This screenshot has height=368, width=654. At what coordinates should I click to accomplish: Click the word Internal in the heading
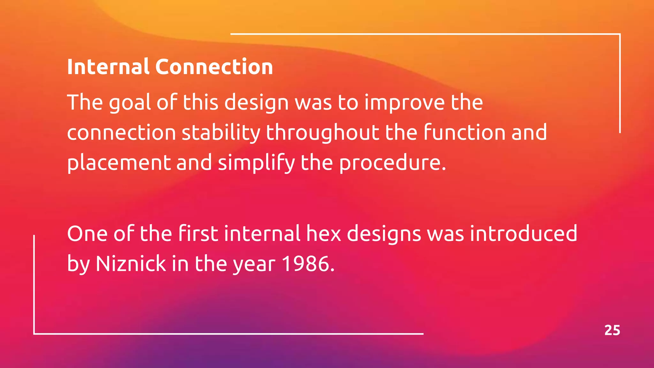[108, 67]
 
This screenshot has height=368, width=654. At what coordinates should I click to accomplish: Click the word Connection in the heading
[214, 67]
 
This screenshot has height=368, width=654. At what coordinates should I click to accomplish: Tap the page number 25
[612, 330]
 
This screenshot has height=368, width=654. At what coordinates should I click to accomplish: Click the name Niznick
[131, 264]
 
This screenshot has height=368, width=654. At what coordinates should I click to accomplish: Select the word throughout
[323, 133]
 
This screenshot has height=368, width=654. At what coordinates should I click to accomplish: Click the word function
[465, 132]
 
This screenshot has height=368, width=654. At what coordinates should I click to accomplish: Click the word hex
[323, 234]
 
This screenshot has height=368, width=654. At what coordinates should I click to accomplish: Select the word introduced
[523, 234]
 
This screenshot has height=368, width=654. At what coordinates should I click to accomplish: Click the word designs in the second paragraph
[384, 234]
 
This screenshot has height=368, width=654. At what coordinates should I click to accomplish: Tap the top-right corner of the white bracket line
[620, 34]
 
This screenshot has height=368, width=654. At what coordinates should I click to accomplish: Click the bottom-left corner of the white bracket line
[34, 333]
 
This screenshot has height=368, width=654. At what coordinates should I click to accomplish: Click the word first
[198, 234]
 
